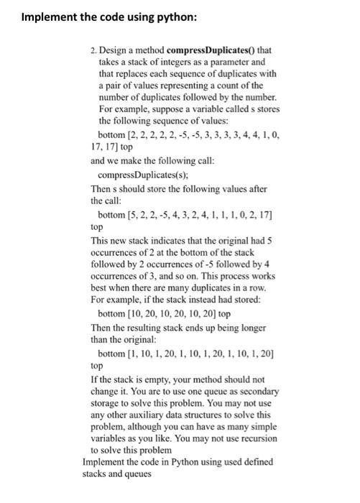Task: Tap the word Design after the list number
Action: (114, 52)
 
